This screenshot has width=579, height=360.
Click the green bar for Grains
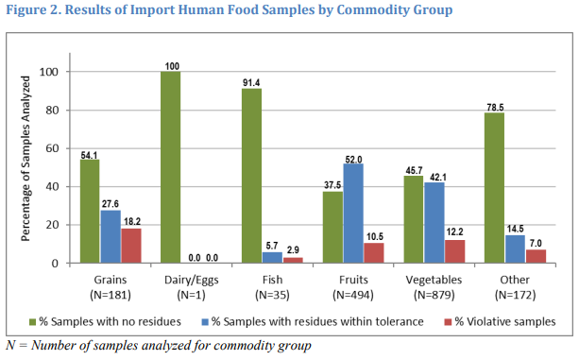point(90,211)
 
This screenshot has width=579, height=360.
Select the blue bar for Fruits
point(353,213)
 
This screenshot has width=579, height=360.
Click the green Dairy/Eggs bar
point(170,167)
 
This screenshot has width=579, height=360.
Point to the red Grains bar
point(131,246)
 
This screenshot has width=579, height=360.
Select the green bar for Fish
point(251,176)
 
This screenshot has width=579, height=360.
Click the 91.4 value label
point(251,82)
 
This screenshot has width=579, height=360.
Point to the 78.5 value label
point(494,107)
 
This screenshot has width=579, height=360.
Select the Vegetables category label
point(436,282)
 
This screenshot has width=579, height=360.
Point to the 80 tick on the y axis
point(54,111)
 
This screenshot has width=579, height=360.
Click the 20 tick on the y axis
point(54,225)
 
